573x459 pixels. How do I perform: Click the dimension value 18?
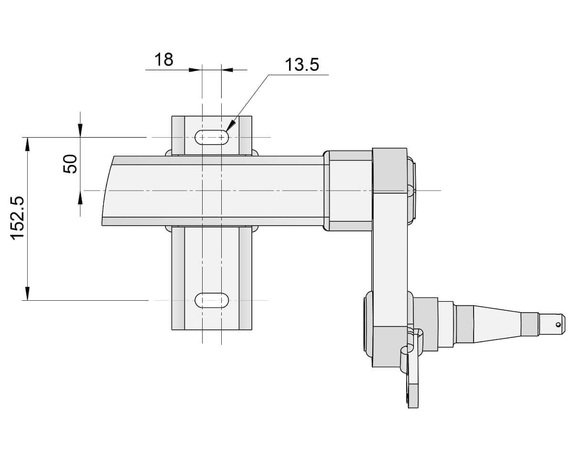(163, 60)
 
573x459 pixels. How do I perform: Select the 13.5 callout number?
(302, 65)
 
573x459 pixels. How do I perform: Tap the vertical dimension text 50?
(70, 164)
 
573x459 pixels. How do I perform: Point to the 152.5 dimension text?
(18, 218)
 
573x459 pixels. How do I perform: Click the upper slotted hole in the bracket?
(212, 137)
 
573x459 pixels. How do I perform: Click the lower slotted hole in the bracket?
(212, 300)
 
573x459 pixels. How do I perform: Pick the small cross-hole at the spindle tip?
(558, 324)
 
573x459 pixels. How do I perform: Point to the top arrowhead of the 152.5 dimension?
(28, 143)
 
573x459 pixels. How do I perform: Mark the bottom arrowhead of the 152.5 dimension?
(28, 294)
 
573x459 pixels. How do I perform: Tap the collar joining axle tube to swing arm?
(350, 190)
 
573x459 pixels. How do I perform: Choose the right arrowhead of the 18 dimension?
(227, 70)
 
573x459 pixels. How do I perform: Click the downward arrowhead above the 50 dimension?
(80, 131)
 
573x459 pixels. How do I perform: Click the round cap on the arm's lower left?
(368, 324)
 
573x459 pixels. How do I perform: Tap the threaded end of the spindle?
(551, 324)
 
